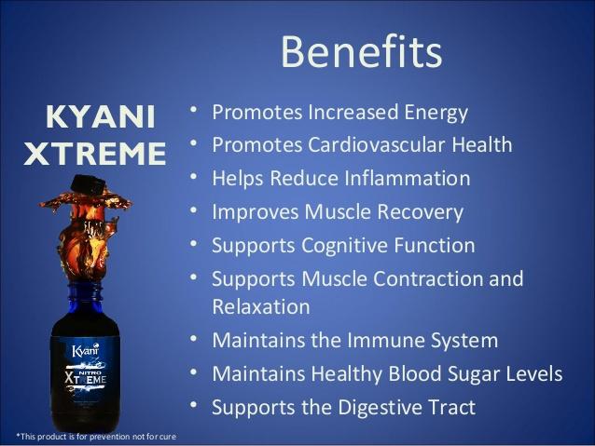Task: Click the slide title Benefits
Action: tap(361, 51)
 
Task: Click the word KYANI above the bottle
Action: tap(101, 116)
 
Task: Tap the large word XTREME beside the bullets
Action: tap(95, 154)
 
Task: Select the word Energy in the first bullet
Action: tap(436, 114)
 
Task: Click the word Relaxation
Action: tap(261, 306)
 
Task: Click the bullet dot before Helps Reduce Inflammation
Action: tap(194, 177)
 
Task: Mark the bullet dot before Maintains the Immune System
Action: tap(194, 338)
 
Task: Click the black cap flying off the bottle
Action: tap(88, 184)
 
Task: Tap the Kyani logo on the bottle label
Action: tap(86, 350)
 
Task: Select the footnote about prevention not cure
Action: tap(96, 437)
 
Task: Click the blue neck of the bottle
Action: tap(85, 299)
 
